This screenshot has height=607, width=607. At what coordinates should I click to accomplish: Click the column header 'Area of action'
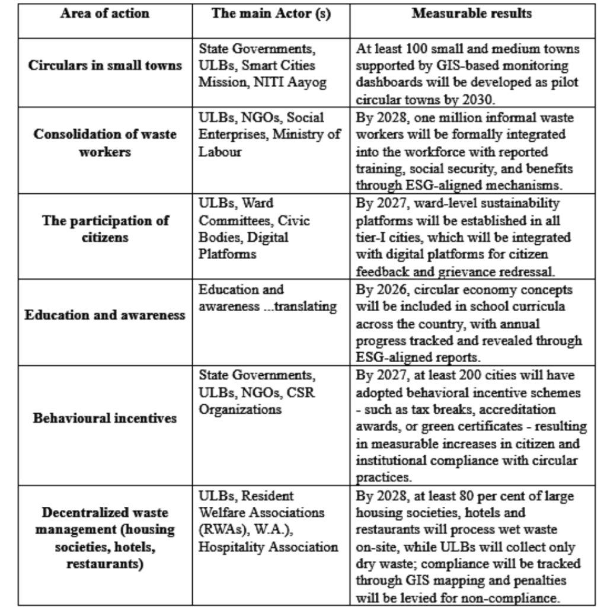[104, 14]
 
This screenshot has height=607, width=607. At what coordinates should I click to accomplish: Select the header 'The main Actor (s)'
[271, 14]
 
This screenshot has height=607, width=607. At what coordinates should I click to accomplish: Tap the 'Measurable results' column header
[471, 14]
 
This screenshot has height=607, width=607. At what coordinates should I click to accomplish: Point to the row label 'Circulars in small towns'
[105, 65]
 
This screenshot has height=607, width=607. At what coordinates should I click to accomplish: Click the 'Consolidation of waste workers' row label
[105, 143]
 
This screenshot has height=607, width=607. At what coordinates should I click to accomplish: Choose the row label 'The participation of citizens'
[105, 229]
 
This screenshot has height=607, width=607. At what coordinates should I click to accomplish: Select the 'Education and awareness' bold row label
[105, 315]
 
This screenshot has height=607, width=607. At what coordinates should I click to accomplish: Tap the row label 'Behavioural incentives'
[105, 418]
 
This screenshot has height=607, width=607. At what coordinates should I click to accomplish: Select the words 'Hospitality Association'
[268, 547]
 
